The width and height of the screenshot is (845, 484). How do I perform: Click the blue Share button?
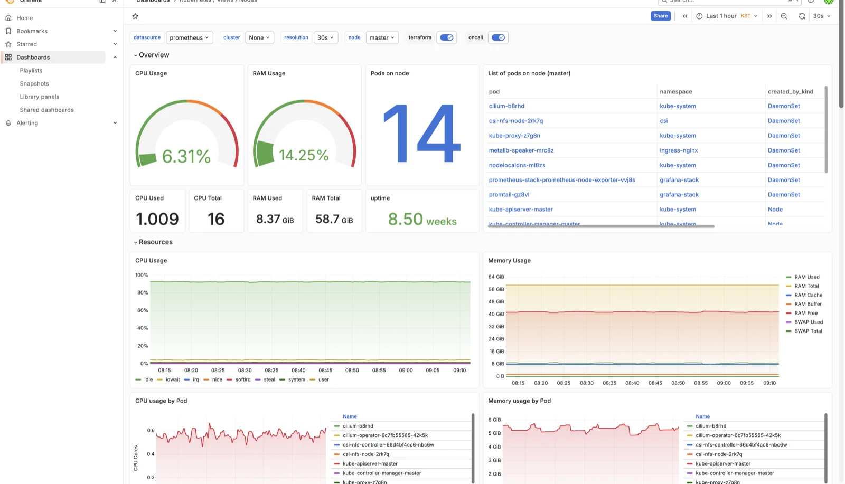coord(660,16)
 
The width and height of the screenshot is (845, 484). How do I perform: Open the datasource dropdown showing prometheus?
coord(190,37)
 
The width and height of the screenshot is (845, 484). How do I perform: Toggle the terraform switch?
coord(446,37)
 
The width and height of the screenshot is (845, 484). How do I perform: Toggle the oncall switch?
coord(498,37)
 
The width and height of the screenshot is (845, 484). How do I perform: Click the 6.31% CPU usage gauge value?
coord(186,156)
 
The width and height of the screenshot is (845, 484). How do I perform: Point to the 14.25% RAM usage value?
coord(304,155)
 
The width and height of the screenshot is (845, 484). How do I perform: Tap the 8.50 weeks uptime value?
coord(422,219)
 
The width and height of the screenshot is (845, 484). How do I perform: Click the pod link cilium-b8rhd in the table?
coord(506,106)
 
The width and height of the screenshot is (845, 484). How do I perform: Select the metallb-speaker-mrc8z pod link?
coord(521,150)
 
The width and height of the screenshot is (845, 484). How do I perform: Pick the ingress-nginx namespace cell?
coord(679,150)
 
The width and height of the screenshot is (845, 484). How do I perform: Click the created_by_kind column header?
coord(790,92)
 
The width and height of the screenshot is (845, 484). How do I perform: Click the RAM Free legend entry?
coord(805,313)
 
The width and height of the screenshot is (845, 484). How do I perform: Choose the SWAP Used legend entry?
coord(808,322)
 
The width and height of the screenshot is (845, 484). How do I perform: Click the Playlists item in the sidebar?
coord(31,71)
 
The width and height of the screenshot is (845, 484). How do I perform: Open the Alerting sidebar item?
coord(27,123)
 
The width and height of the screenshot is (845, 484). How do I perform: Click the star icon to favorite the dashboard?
coord(135,16)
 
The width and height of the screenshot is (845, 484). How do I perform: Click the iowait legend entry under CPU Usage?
coord(172,379)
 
